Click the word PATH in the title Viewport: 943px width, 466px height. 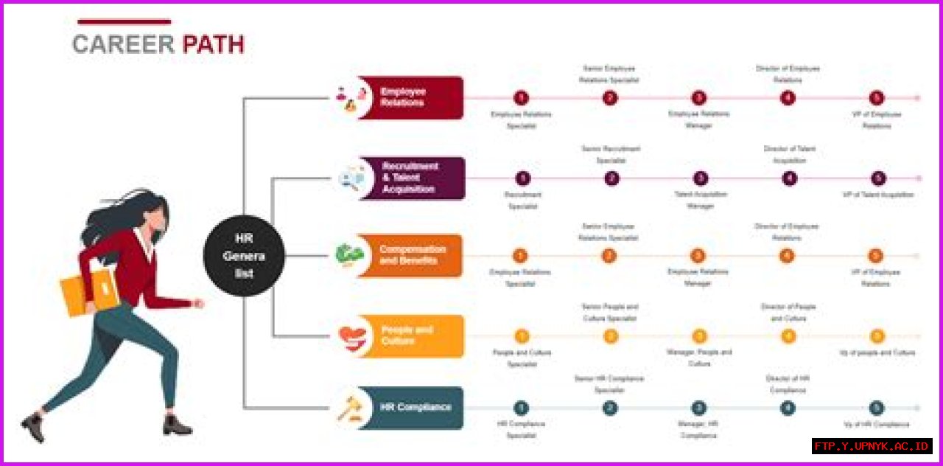pos(213,45)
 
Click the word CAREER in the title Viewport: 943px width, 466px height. pos(123,45)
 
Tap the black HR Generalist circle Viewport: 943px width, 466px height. pos(244,256)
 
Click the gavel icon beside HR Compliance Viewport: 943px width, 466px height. pos(349,408)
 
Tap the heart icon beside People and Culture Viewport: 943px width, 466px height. pos(352,337)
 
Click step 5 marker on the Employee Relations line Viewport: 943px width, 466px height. pos(876,97)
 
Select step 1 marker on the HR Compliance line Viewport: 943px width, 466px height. pos(521,408)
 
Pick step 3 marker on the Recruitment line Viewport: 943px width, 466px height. pos(701,178)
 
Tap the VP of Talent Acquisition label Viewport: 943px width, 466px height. pos(878,195)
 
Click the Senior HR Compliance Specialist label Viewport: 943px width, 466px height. pos(609,384)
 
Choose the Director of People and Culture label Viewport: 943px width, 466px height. pos(788,313)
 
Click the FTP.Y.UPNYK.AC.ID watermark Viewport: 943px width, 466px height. pos(872,447)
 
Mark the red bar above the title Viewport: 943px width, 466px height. pos(124,21)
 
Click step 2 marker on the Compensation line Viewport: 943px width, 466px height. pos(609,256)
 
